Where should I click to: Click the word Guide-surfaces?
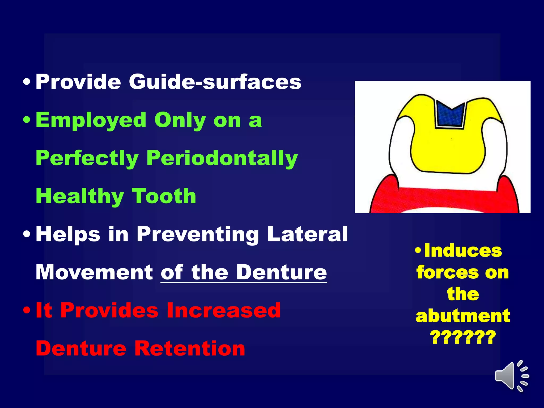(215, 82)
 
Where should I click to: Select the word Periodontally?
(222, 158)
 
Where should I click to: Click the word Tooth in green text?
(164, 196)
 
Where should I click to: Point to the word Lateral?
(307, 234)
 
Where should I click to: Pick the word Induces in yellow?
(463, 251)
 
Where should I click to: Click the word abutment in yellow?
(463, 316)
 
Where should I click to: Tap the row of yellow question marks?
(463, 337)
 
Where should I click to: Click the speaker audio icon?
(511, 376)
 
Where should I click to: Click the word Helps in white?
(68, 234)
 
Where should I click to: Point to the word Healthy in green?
(80, 196)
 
